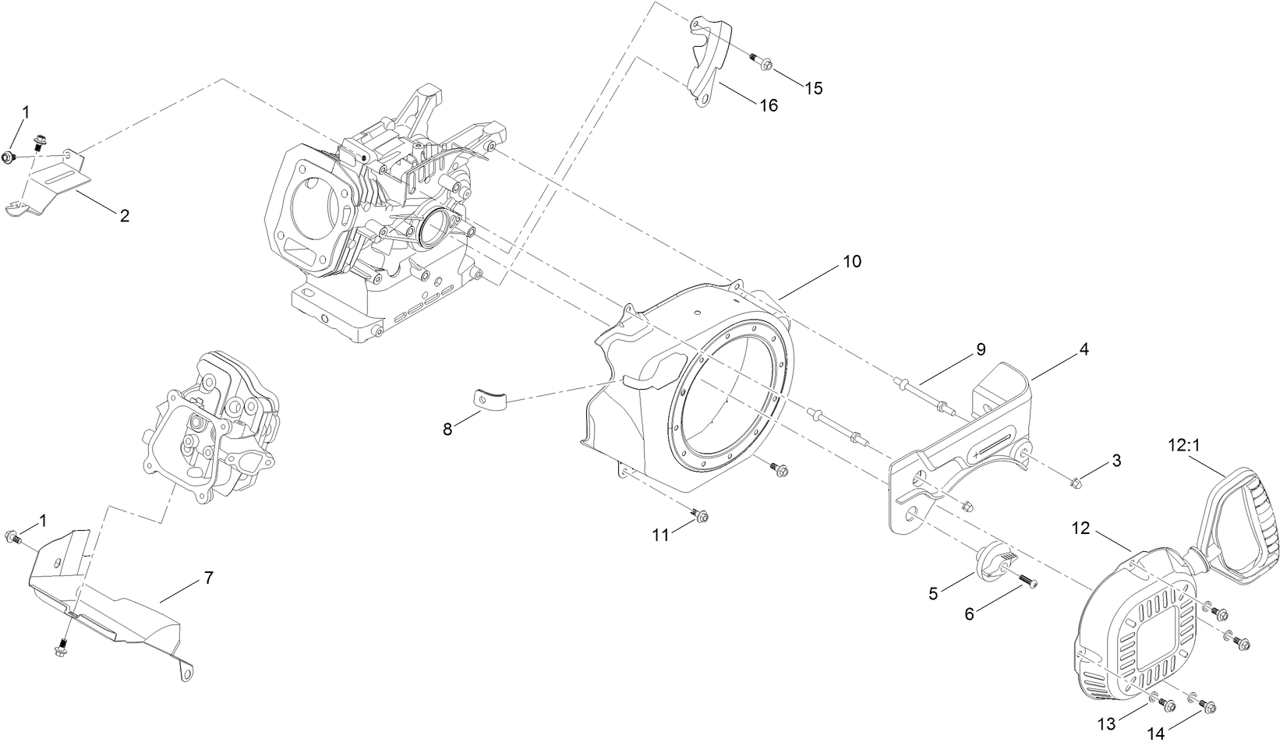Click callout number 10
852,262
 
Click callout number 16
769,105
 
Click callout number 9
981,349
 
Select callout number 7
208,578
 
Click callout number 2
124,216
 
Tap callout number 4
1084,349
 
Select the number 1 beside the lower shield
43,519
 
